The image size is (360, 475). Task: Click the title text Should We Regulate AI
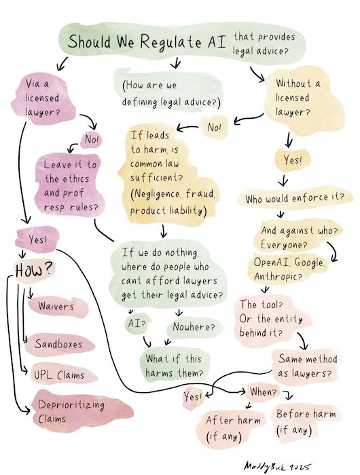click(149, 40)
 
